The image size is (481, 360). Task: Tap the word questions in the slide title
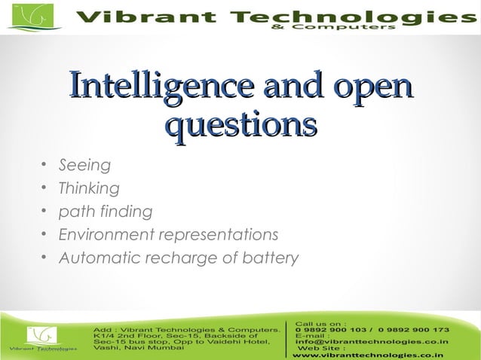point(240,124)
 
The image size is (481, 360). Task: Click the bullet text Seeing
point(85,165)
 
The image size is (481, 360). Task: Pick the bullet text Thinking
point(89,188)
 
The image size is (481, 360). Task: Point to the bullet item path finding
point(106,212)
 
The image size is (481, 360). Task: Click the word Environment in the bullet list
point(103,235)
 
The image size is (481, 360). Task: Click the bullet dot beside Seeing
point(44,165)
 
